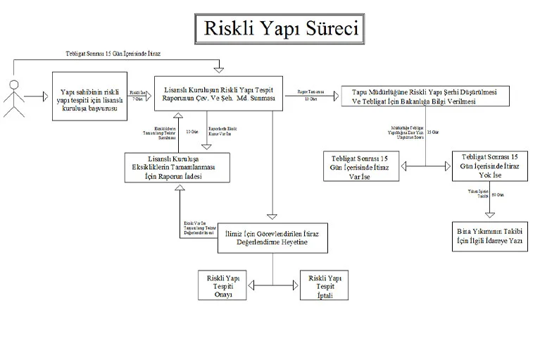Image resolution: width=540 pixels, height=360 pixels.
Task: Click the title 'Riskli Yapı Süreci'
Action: click(x=281, y=29)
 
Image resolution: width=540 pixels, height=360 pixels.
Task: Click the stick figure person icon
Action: click(x=13, y=93)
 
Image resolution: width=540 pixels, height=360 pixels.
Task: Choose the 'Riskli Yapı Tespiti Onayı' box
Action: click(x=224, y=285)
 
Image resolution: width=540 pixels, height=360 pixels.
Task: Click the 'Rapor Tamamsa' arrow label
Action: click(x=310, y=91)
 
